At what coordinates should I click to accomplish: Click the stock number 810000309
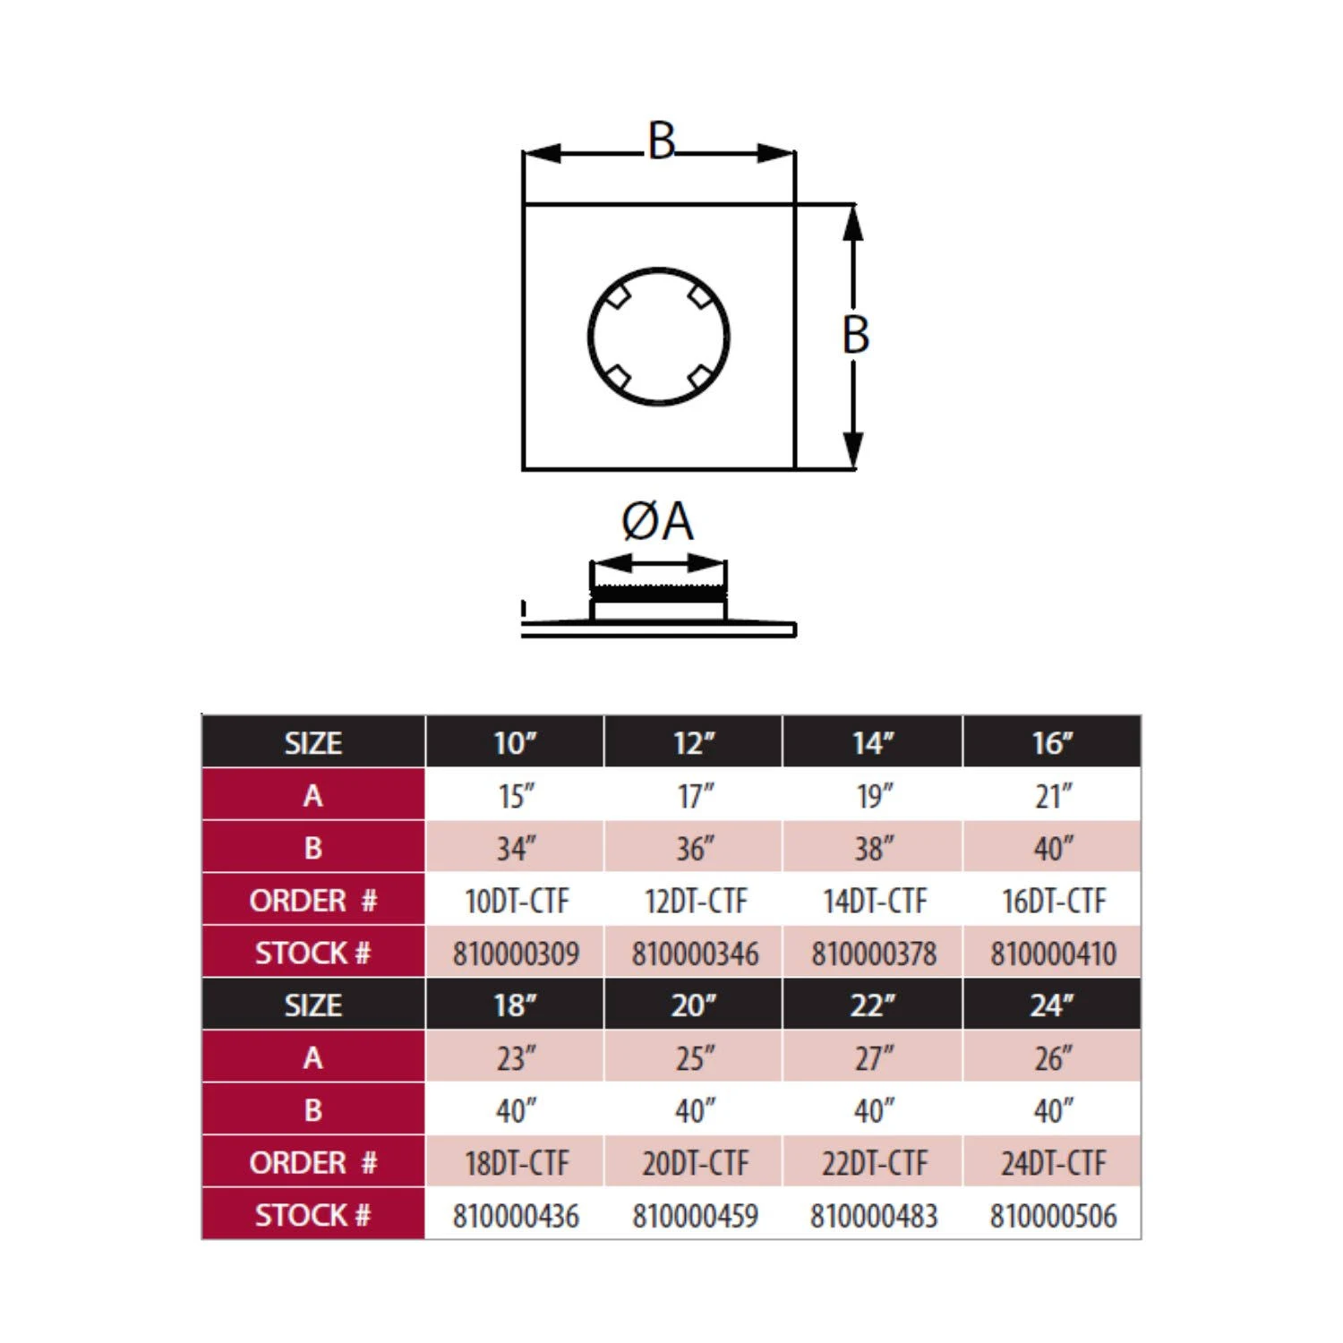pos(516,954)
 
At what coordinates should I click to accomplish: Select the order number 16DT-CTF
pos(1054,901)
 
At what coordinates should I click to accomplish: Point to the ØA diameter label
pos(657,521)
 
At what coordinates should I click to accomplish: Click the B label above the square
pos(661,141)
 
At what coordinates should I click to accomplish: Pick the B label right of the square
pos(856,335)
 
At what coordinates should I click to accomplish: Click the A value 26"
pos(1054,1058)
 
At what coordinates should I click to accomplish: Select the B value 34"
pos(517,848)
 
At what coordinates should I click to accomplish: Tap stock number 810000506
pos(1053,1216)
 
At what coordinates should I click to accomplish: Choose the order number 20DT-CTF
pos(696,1163)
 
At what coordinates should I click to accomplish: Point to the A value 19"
pos(875,796)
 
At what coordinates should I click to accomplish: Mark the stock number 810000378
pos(874,954)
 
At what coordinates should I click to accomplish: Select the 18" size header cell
pos(515,1005)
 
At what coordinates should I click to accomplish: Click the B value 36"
pos(696,848)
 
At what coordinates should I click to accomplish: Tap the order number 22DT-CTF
pos(875,1163)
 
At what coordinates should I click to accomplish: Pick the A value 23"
pos(517,1058)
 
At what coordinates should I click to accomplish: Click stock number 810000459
pos(695,1216)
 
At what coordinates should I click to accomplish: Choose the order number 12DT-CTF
pos(696,901)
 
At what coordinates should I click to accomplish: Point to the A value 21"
pos(1054,796)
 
